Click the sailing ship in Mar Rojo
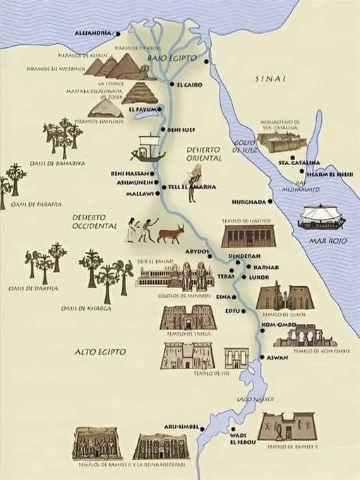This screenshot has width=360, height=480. [x=320, y=217]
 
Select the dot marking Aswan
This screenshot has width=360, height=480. [x=262, y=359]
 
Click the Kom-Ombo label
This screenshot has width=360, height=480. [x=279, y=325]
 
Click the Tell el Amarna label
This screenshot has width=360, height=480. [x=192, y=187]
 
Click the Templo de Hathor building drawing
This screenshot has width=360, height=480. [x=246, y=236]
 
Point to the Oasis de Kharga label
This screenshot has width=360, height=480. [x=88, y=308]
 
